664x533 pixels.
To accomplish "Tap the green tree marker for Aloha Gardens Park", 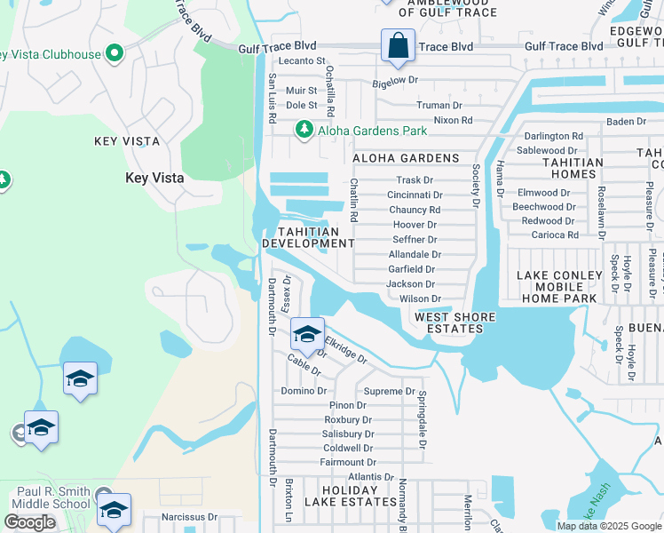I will coord(304,131).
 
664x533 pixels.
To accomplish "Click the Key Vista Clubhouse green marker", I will coord(114,54).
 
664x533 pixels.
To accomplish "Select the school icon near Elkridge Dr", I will coord(307,335).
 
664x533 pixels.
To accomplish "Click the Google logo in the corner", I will coord(29,522).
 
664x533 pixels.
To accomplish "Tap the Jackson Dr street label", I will coord(410,284).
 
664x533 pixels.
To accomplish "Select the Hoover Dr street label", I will coord(415,225).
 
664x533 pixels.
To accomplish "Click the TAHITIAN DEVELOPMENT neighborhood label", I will coord(308,237).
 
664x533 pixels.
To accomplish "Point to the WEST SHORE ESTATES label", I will coord(449,322).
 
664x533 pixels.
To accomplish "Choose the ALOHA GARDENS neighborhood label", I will coord(406,158).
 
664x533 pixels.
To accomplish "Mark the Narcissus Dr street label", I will coord(189,516).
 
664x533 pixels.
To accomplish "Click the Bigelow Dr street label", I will coord(394,81).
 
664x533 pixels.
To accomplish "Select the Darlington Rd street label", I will coord(553,136).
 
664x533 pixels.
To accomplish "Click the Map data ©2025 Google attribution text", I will coord(609,526).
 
